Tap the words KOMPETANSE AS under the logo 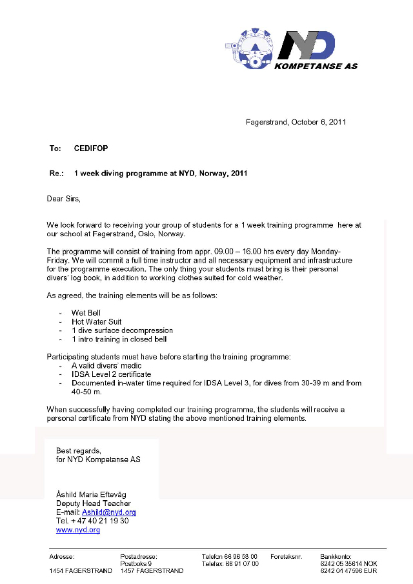pyautogui.click(x=316, y=66)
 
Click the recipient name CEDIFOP pyautogui.click(x=91, y=148)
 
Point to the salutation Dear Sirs pyautogui.click(x=65, y=199)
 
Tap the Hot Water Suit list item pyautogui.click(x=96, y=321)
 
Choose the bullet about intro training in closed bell pyautogui.click(x=119, y=339)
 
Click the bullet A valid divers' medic pyautogui.click(x=106, y=365)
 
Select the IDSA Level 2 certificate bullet pyautogui.click(x=111, y=374)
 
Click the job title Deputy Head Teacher pyautogui.click(x=94, y=503)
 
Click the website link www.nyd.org pyautogui.click(x=78, y=530)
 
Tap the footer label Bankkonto pyautogui.click(x=336, y=556)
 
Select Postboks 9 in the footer pyautogui.click(x=136, y=563)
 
